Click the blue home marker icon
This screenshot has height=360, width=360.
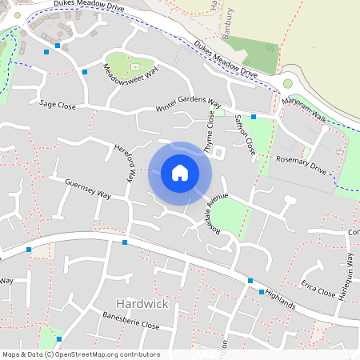pyautogui.click(x=180, y=173)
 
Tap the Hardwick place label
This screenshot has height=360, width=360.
pyautogui.click(x=142, y=304)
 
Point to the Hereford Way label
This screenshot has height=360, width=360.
pyautogui.click(x=123, y=164)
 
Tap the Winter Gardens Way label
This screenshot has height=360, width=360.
pyautogui.click(x=188, y=106)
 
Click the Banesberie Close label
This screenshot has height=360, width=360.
pyautogui.click(x=132, y=322)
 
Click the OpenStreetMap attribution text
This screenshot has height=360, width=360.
pyautogui.click(x=80, y=354)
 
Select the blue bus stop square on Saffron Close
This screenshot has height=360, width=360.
pyautogui.click(x=254, y=117)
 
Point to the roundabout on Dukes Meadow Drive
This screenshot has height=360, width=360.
pyautogui.click(x=288, y=83)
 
